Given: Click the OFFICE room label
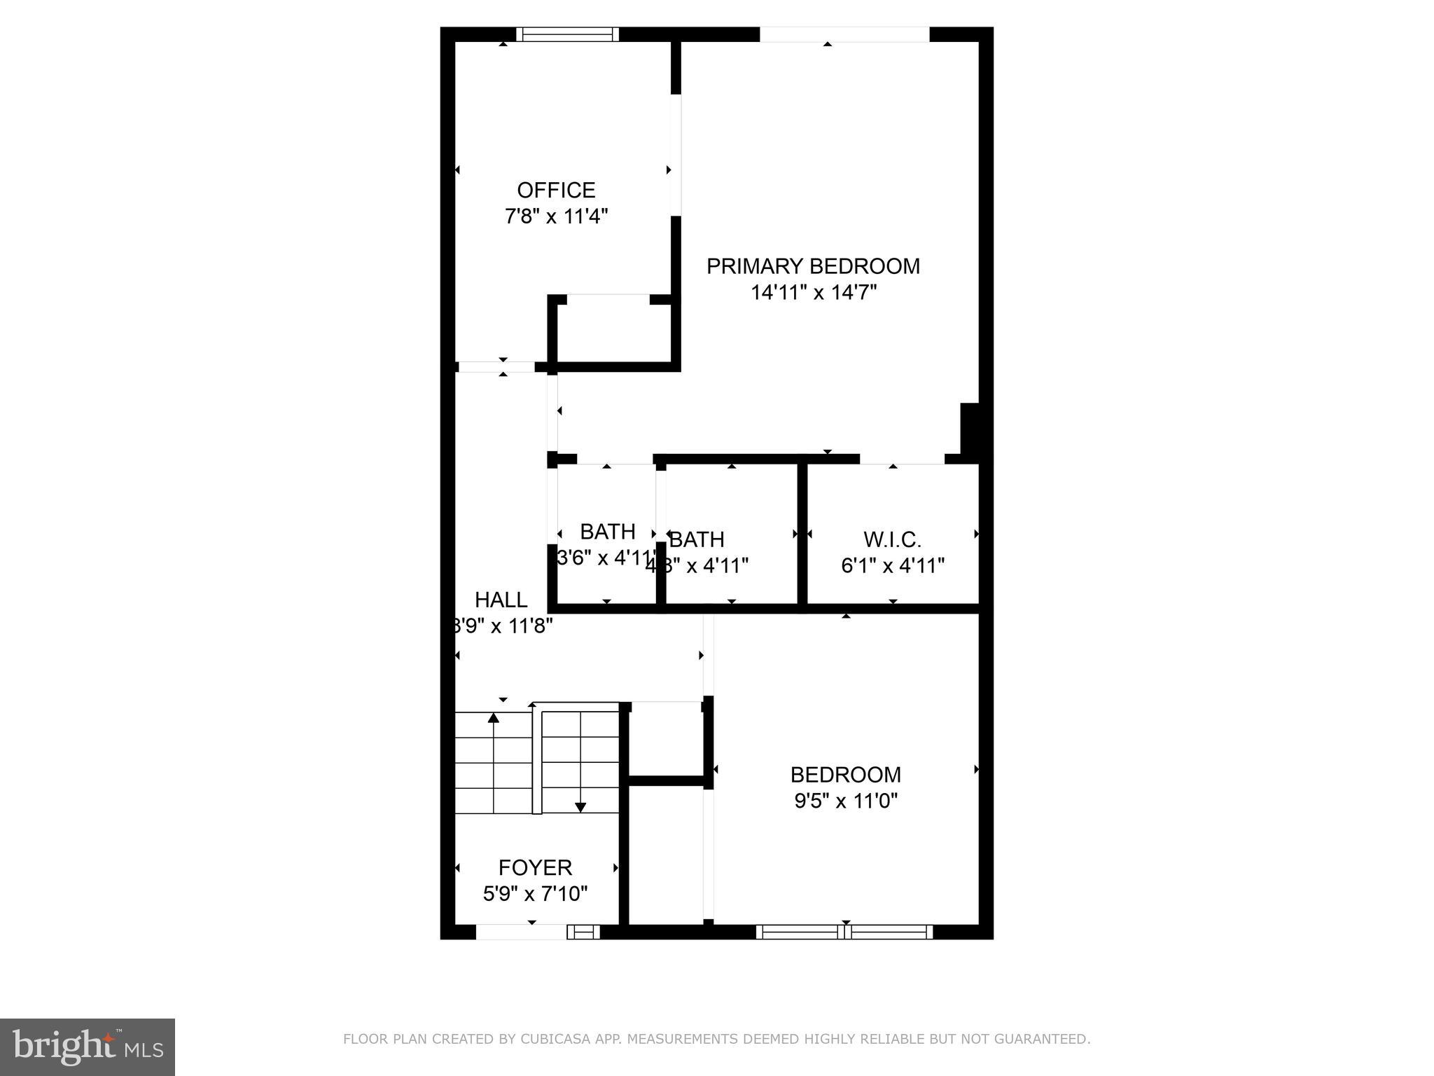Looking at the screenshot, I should [556, 190].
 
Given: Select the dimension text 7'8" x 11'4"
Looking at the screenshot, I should [556, 216].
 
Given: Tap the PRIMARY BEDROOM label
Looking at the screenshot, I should [813, 266].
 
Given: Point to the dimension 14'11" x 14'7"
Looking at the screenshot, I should [814, 292].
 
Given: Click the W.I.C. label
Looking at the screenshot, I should [892, 539].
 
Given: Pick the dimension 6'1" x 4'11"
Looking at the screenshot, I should [893, 565].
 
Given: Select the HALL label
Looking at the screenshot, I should [501, 600].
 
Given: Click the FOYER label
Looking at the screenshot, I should [535, 867].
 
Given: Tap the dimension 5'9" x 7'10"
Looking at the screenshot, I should [535, 893].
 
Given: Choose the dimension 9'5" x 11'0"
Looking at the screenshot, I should [846, 800].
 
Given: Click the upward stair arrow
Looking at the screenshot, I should [494, 718].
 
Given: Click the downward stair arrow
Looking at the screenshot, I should [580, 807].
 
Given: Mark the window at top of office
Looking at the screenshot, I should [568, 34].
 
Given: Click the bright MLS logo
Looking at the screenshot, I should [88, 1047].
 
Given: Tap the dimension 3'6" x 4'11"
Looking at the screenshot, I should [606, 558].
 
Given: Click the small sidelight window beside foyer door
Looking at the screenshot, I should [583, 932].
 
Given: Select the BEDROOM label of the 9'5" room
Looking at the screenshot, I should [845, 774].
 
